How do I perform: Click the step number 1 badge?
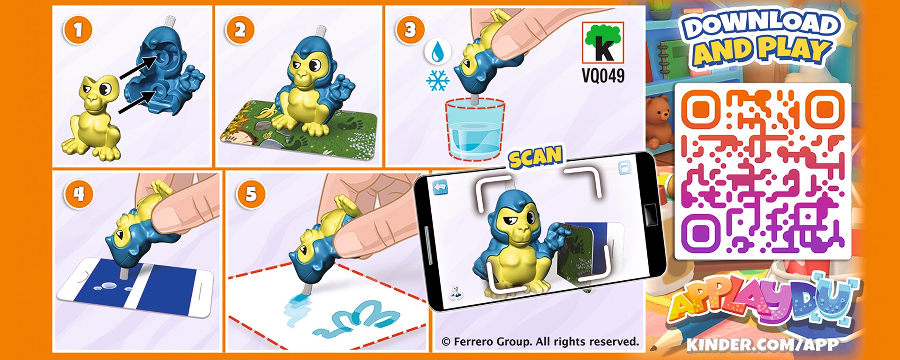[78, 30]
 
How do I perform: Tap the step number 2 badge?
[240, 30]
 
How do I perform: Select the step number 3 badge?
[410, 30]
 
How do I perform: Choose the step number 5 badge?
[251, 194]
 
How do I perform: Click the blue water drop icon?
[438, 52]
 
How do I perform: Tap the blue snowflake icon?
[438, 81]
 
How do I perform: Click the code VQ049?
[603, 75]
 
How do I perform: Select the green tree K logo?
[603, 43]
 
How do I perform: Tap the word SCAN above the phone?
[535, 157]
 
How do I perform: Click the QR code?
[763, 171]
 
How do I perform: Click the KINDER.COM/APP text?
[763, 345]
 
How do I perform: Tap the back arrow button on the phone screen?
[440, 187]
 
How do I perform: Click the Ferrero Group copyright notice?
[540, 342]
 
